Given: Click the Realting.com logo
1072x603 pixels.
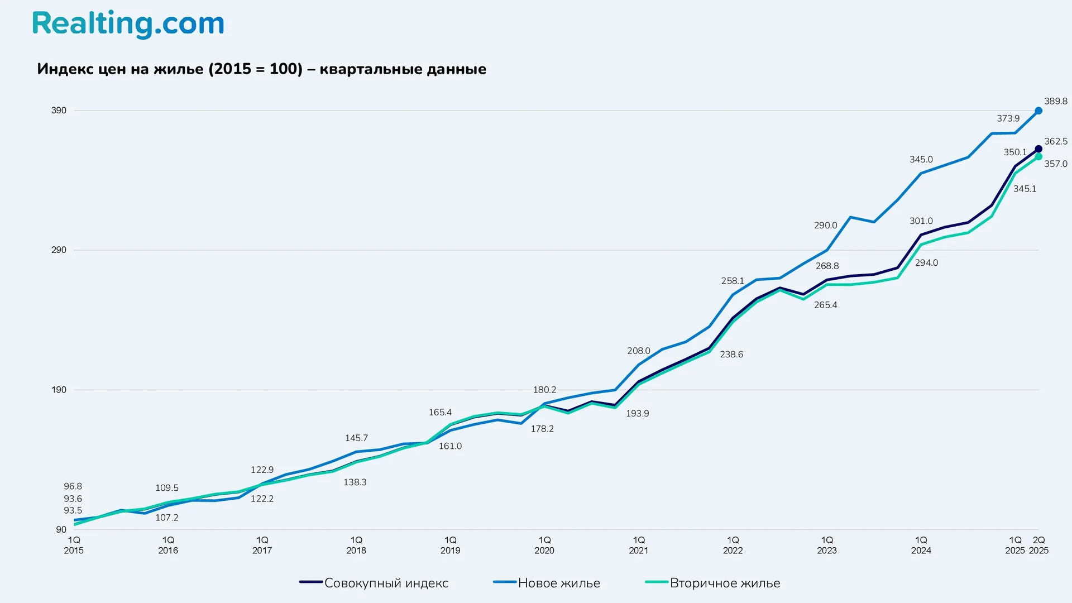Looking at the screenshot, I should click(x=128, y=25).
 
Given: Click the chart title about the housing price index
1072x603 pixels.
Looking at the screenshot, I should click(x=261, y=69).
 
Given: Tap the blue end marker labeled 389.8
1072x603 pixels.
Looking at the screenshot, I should click(x=1038, y=111).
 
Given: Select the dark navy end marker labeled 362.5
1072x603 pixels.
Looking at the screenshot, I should click(x=1038, y=149).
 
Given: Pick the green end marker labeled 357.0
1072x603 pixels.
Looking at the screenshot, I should click(x=1038, y=157).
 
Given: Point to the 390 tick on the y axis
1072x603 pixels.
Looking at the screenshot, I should click(x=59, y=111).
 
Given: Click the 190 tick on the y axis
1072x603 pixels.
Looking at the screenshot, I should click(x=59, y=390).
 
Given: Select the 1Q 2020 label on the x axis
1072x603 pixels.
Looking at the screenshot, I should click(x=544, y=545).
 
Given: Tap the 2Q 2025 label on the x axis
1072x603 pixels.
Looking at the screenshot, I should click(x=1038, y=545).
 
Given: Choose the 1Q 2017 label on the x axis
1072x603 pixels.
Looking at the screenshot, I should click(x=262, y=545).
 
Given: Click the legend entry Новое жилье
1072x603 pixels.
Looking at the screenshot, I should click(x=558, y=583).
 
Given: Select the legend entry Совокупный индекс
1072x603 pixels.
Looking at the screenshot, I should click(x=386, y=583).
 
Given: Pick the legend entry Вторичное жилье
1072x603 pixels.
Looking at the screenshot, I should click(x=725, y=583).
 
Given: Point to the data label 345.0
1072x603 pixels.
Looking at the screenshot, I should click(x=921, y=160).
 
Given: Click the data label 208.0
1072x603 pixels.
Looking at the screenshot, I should click(x=638, y=351).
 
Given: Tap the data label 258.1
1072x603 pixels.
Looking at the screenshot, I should click(x=733, y=281).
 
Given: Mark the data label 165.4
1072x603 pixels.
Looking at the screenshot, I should click(x=440, y=412).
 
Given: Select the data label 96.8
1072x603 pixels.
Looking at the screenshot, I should click(x=73, y=486).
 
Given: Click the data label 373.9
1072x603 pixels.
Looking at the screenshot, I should click(x=1008, y=118).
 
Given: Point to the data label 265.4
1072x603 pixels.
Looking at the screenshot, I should click(x=825, y=305).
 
